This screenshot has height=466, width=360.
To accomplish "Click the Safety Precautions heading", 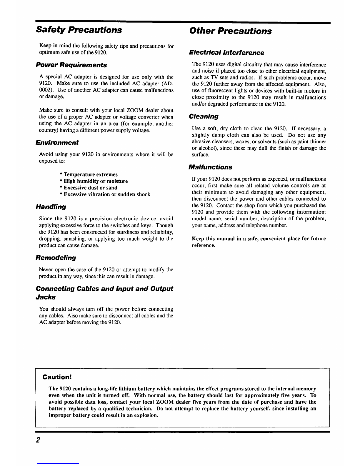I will [x=79, y=30].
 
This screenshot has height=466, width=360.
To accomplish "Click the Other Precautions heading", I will [x=231, y=31].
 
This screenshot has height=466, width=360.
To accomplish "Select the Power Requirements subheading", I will [x=71, y=65].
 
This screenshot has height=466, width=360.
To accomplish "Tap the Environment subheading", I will [x=57, y=143].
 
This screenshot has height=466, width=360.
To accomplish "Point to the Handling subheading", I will [x=51, y=207].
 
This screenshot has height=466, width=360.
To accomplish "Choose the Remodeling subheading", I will [x=56, y=258].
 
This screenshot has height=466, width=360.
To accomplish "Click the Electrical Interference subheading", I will [x=226, y=53].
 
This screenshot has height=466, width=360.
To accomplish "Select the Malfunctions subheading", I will [x=210, y=167].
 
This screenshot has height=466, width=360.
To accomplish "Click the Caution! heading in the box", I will [x=57, y=377].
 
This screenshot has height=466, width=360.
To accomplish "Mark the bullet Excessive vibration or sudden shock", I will [x=105, y=194].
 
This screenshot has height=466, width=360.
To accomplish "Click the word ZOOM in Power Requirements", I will [x=127, y=110].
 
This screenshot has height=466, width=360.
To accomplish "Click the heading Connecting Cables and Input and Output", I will [x=104, y=289].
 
